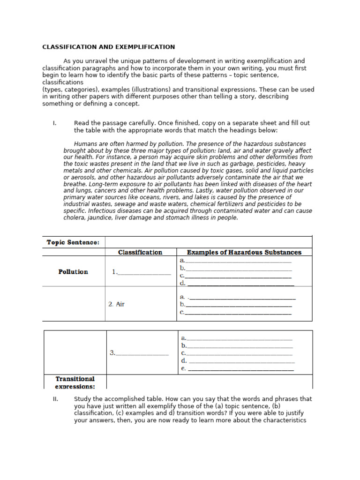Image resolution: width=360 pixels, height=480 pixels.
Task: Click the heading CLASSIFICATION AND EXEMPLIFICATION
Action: pos(109,47)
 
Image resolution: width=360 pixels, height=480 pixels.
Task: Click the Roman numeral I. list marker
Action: pos(54,123)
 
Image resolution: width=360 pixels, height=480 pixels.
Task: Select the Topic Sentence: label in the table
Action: pos(73,242)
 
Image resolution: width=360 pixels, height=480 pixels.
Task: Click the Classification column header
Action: pos(140,252)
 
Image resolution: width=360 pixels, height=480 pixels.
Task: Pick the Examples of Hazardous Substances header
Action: pos(244,252)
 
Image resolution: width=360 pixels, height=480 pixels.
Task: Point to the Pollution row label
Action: pos(73,271)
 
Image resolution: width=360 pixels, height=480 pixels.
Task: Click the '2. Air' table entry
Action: pos(116,304)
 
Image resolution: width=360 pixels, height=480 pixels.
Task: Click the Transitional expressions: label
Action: pos(75,382)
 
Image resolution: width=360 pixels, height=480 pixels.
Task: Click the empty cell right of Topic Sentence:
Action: pos(209,242)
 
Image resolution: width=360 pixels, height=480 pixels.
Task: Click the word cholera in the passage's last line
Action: pos(74,218)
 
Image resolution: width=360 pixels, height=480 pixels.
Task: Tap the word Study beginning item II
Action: pos(82,399)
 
